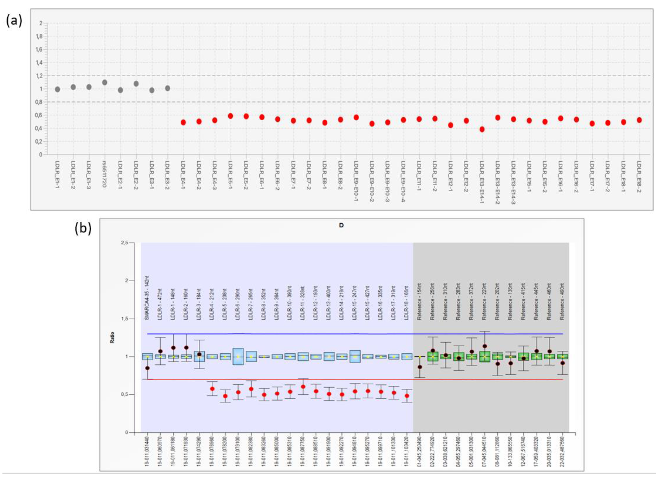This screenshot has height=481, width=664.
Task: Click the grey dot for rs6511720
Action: [105, 83]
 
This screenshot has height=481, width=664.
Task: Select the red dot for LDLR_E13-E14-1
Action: [482, 129]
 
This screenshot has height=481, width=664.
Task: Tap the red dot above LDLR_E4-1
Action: [183, 122]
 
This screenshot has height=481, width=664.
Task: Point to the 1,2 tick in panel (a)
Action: [39, 76]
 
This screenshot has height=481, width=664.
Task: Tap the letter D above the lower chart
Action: [341, 226]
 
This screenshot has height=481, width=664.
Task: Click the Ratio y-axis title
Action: [112, 337]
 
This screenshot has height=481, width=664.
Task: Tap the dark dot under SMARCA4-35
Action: [147, 368]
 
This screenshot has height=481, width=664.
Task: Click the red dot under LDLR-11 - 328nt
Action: [303, 387]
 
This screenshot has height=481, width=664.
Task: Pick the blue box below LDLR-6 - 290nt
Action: [238, 356]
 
